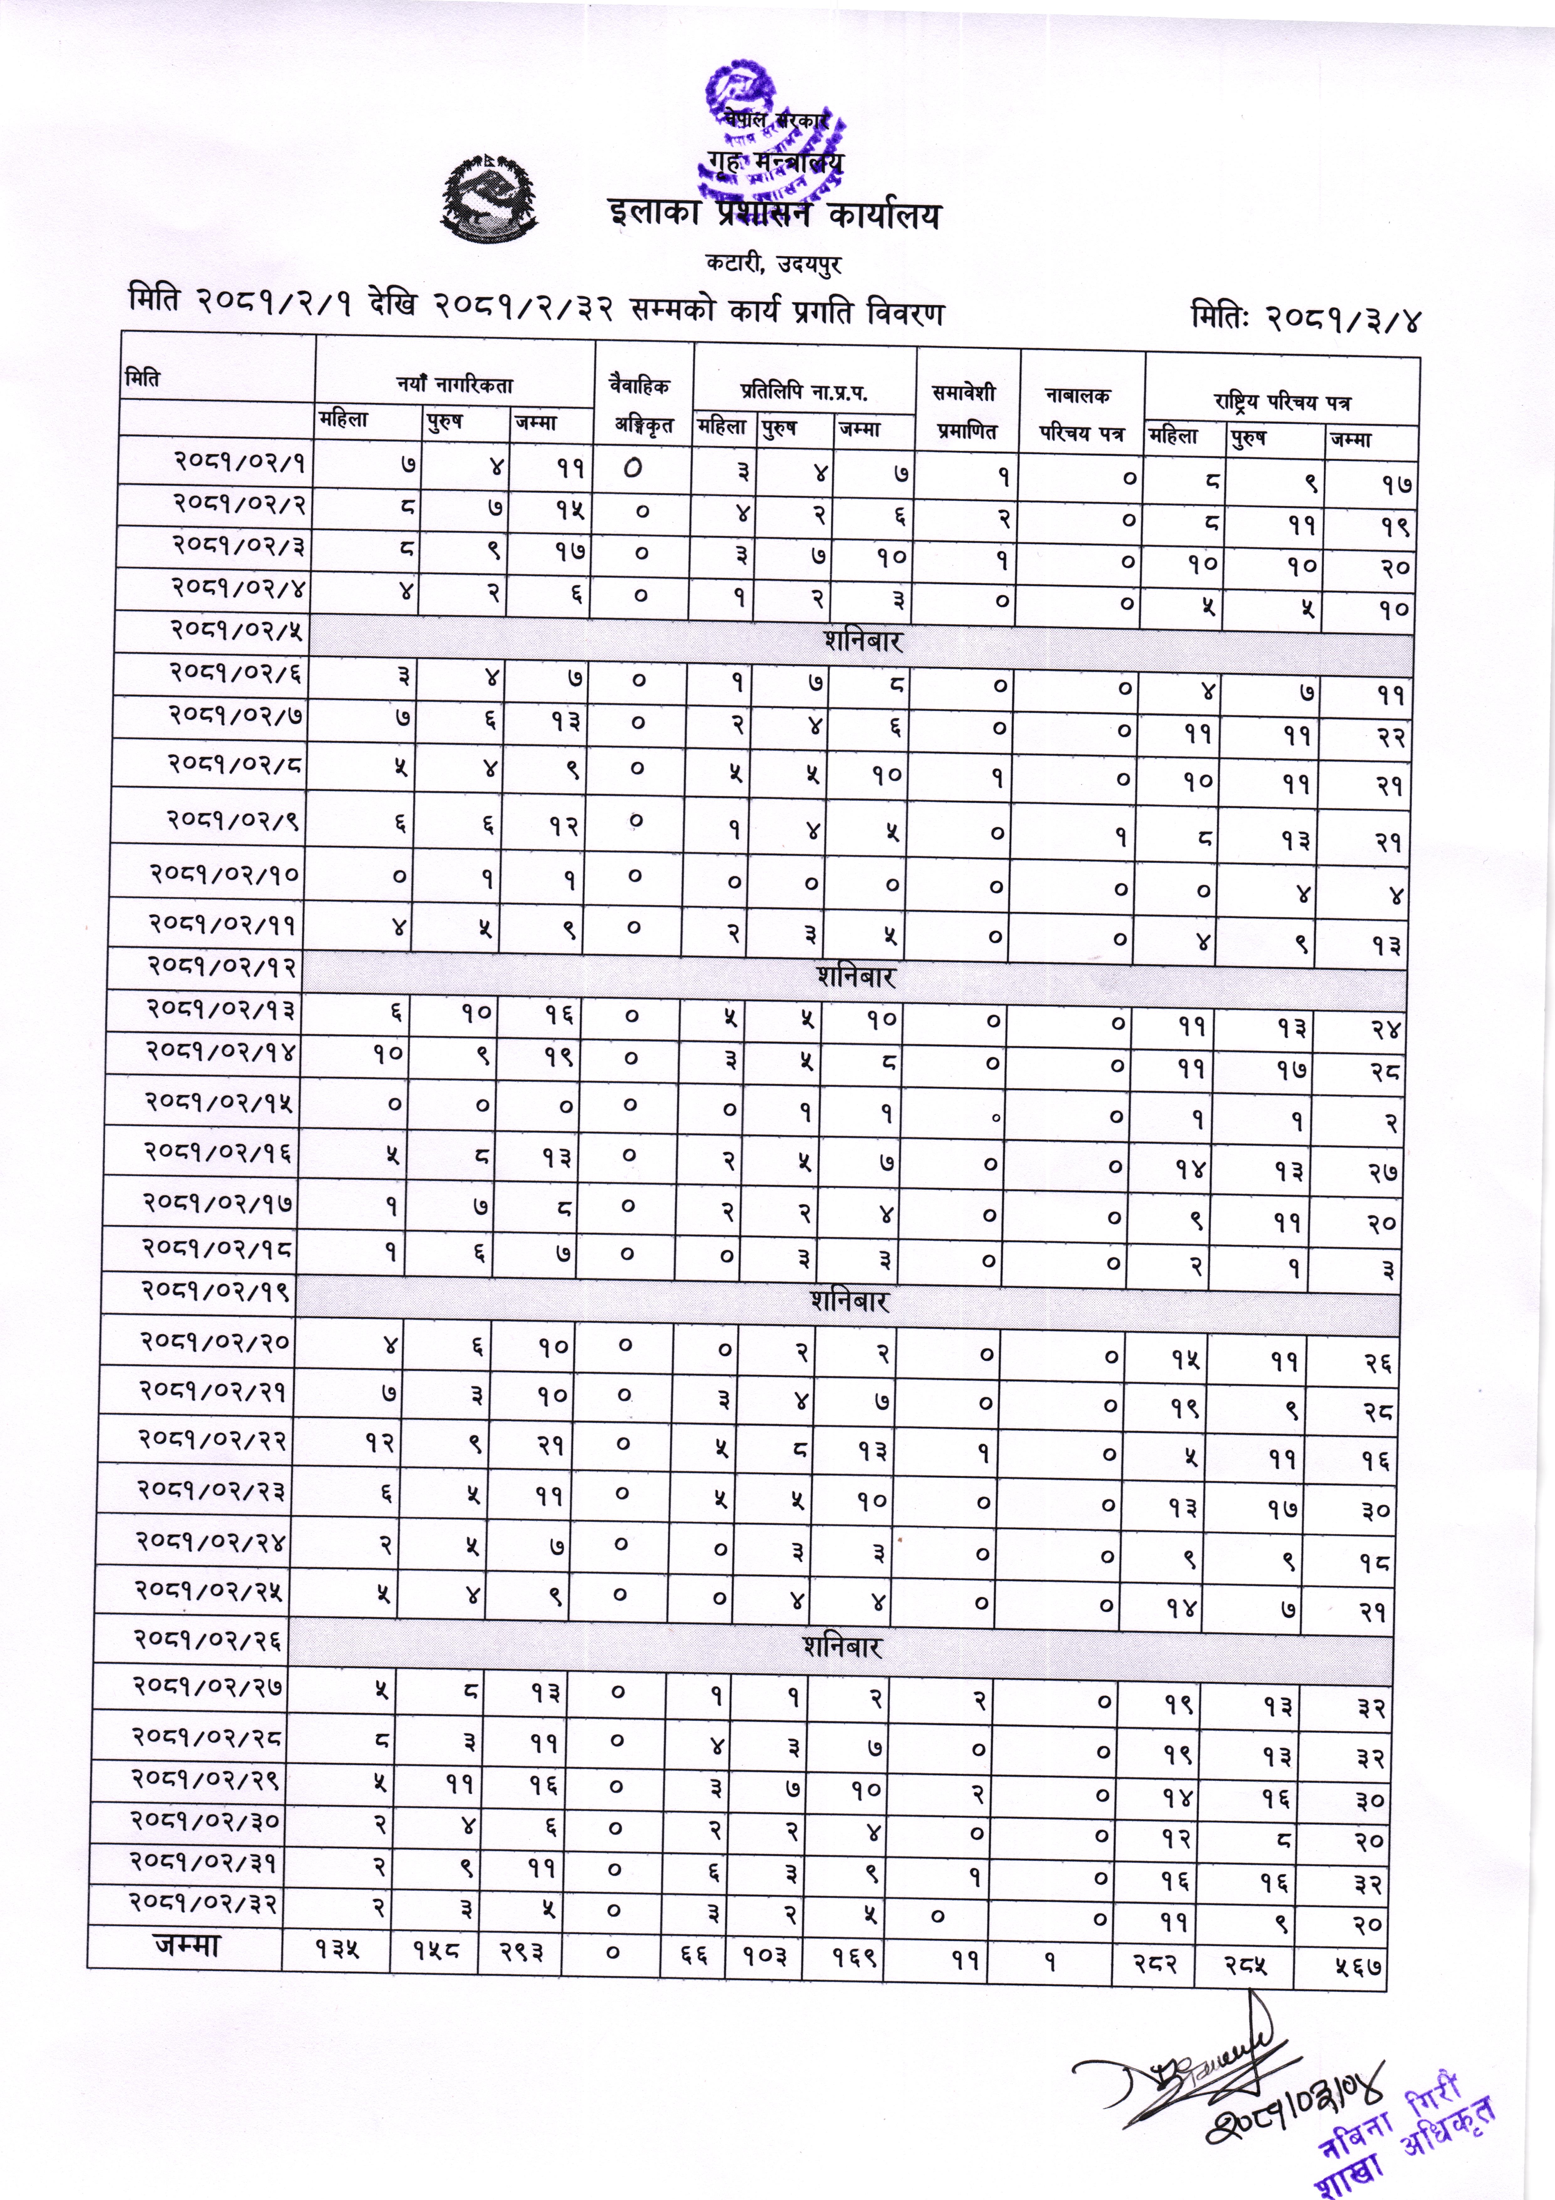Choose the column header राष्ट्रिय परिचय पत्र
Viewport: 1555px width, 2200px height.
click(1282, 402)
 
